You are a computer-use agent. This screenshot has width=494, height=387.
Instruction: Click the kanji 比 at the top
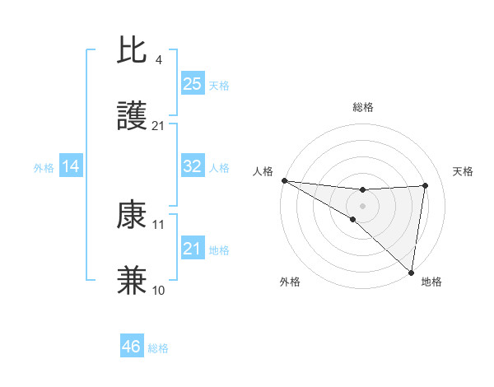point(132,51)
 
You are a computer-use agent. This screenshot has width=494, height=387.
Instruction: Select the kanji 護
point(132,117)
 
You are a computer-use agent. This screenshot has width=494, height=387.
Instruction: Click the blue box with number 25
point(192,83)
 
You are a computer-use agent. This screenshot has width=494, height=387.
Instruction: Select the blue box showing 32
point(192,166)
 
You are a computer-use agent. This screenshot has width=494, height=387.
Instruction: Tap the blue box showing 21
point(192,248)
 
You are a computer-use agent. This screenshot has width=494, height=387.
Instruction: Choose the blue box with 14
point(71,166)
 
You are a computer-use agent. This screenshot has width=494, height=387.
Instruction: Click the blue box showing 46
point(132,347)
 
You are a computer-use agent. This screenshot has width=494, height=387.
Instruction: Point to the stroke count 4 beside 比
point(158,60)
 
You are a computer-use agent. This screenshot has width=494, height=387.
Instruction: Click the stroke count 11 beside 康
point(159,224)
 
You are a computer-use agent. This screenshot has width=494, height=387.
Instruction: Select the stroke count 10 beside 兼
point(159,290)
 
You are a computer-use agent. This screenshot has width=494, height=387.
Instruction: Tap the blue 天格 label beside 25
point(219,85)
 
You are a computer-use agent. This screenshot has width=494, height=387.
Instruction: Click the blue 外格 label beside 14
point(44,168)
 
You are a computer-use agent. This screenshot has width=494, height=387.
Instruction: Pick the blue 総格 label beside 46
point(158,348)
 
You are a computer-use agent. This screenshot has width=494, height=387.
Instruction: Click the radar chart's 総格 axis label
point(362,107)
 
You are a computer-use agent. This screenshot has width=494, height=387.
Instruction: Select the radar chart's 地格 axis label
point(431,282)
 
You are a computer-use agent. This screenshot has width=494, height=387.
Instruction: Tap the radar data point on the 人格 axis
point(284,180)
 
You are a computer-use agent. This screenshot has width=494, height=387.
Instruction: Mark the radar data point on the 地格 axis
point(412,273)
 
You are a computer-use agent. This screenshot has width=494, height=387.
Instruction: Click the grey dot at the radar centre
point(362,205)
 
